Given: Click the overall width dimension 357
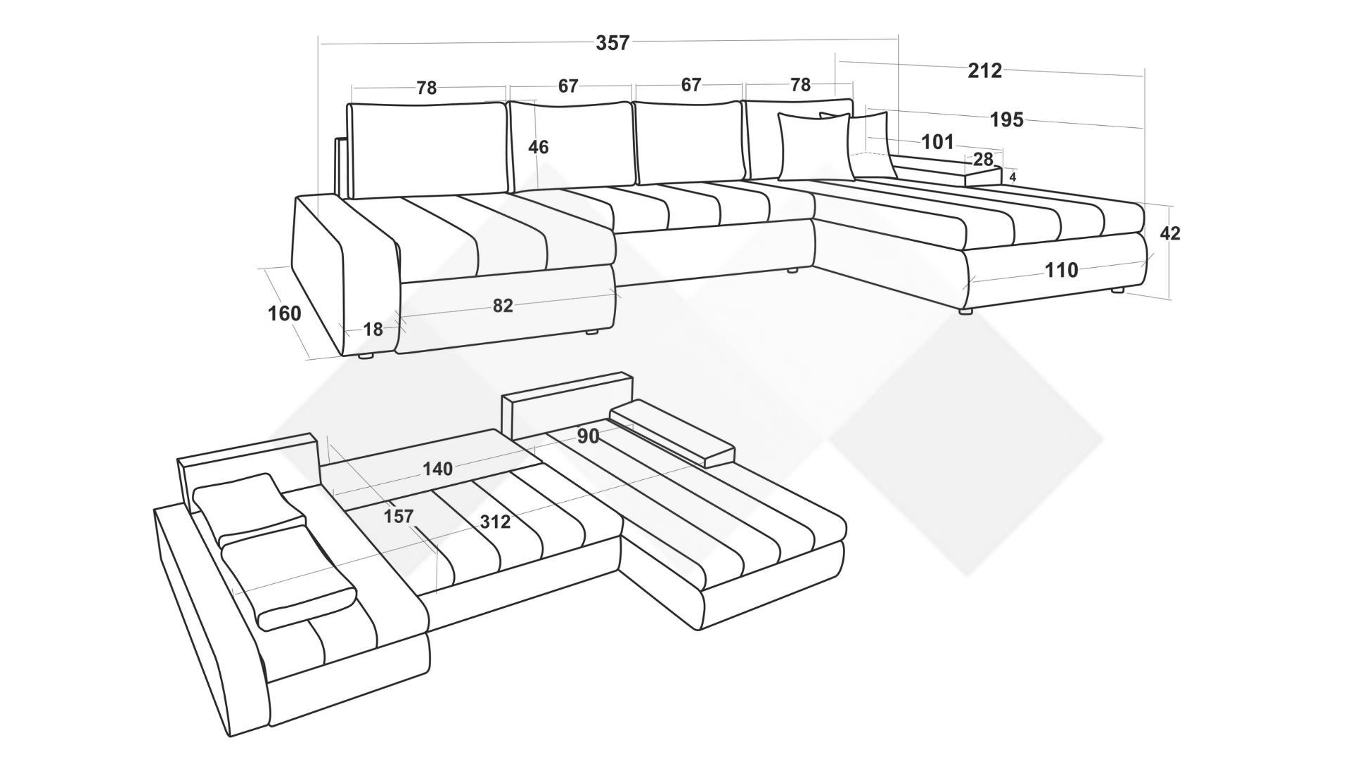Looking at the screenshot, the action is tap(612, 43).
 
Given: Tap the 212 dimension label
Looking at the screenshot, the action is tap(985, 70).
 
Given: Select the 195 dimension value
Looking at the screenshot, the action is tap(1007, 119).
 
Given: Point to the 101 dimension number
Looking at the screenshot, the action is tap(938, 142).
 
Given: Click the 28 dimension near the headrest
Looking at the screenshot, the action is tap(983, 160).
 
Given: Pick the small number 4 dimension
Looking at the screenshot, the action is tap(1012, 177).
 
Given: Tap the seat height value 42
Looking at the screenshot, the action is tap(1170, 233).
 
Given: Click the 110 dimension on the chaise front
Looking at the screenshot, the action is tap(1061, 270).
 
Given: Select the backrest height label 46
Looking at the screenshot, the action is tap(539, 148).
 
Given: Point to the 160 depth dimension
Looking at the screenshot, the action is tap(284, 313).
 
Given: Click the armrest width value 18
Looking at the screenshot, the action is tap(373, 329).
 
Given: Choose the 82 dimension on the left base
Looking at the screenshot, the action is tap(503, 306).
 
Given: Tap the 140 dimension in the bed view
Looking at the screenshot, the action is tap(437, 469).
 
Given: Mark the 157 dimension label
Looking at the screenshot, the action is tap(399, 517).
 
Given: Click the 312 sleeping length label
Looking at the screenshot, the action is tap(495, 522).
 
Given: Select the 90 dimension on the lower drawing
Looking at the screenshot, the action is tap(589, 436).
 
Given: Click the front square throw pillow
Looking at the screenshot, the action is tap(814, 147).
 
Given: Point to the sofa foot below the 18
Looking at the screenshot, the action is tap(366, 356).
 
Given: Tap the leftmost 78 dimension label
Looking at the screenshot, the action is tap(427, 88).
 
